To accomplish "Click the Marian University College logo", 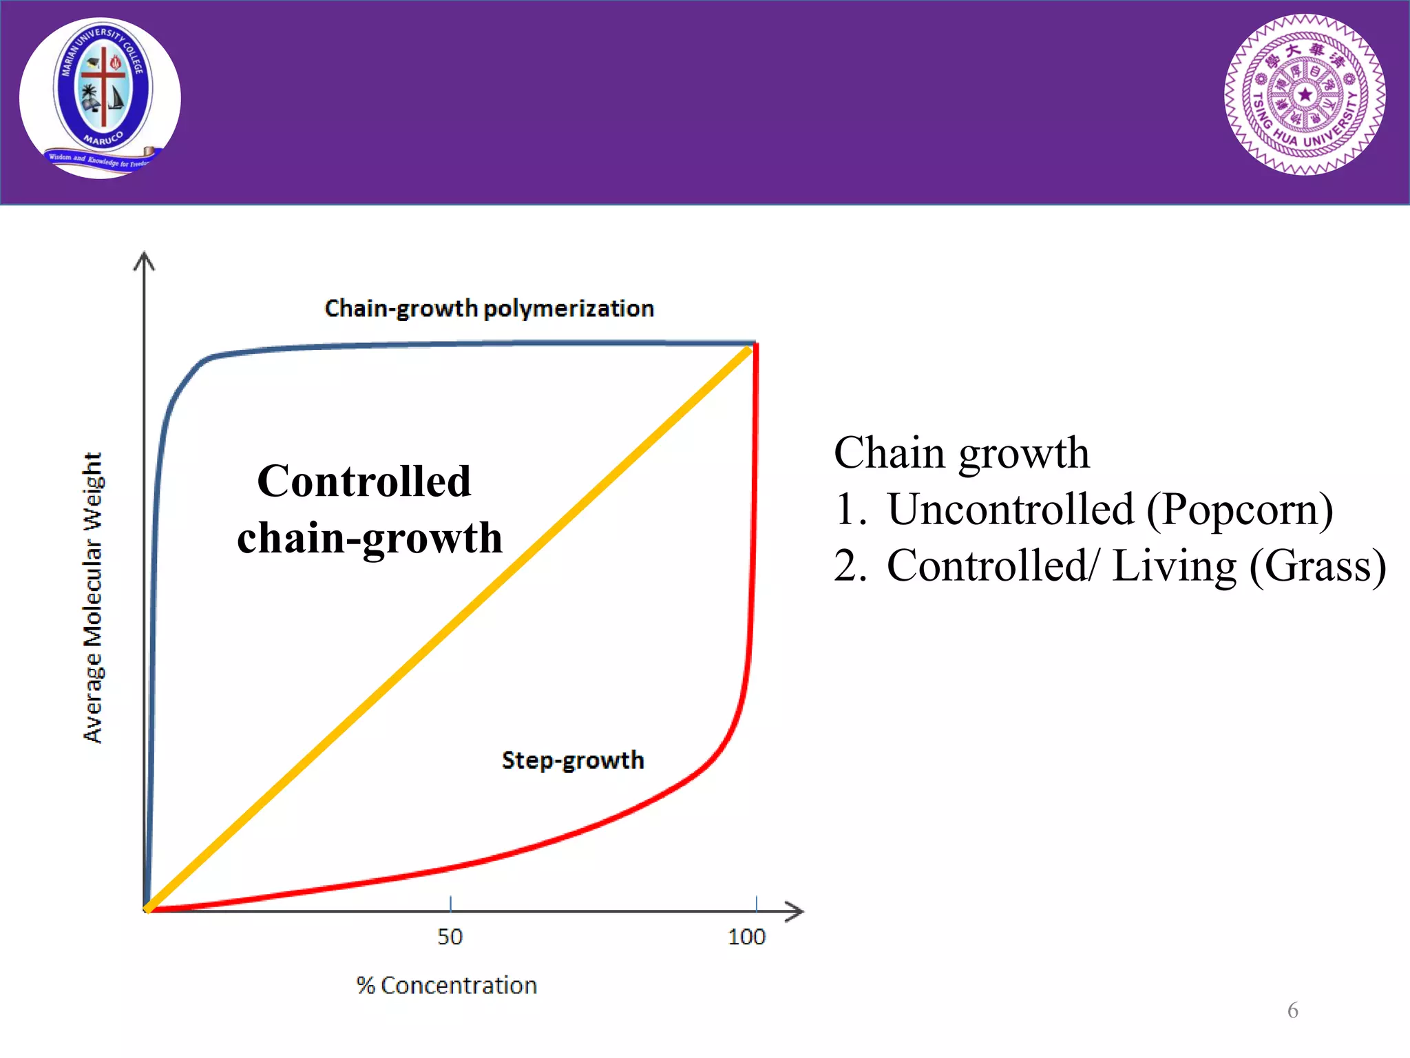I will pos(101,98).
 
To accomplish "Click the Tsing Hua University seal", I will pos(1305,95).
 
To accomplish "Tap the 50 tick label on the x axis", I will pos(450,937).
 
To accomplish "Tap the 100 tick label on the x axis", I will pos(746,937).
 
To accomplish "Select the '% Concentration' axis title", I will pos(447,986).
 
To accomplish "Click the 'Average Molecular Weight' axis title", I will pos(93,597).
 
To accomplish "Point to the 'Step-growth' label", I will pos(573,760).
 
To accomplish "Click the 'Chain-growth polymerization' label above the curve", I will pos(489,309).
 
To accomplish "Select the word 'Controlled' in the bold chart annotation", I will pos(364,481).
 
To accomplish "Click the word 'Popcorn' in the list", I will pos(1239,510).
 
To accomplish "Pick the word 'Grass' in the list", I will pos(1316,566).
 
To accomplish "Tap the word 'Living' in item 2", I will pos(1175,566).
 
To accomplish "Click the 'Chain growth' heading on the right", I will pos(961,453).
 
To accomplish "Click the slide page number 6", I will pos(1292,1010).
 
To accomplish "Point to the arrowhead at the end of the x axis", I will pos(796,911).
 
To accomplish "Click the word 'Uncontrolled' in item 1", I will pos(1011,510).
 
